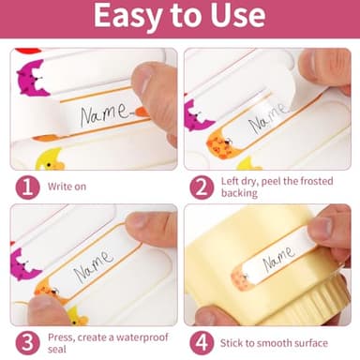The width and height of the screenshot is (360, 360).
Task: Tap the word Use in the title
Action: pos(238,15)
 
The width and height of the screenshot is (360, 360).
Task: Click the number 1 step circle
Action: pos(28,187)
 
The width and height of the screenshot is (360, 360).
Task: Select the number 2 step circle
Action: pos(202,187)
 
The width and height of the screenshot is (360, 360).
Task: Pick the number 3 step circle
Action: pos(28,343)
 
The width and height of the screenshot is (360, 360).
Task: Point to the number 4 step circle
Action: pos(202,343)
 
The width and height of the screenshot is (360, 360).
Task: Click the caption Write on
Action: pos(67,187)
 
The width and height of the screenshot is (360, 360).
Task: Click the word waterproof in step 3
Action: pos(142,337)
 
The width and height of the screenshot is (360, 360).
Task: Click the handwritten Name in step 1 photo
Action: pos(105,113)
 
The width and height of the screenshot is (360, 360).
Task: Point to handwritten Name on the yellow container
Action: pos(278,258)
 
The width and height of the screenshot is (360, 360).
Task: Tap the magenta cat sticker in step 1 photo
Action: pos(32,78)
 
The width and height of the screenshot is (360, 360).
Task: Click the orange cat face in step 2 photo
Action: pos(220,144)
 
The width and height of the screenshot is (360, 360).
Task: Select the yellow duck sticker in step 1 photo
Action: pos(50,160)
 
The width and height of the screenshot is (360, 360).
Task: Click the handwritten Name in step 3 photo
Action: pos(94,265)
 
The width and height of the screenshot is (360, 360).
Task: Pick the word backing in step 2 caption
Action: pos(239,193)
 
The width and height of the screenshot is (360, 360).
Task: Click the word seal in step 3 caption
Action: pos(57,349)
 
